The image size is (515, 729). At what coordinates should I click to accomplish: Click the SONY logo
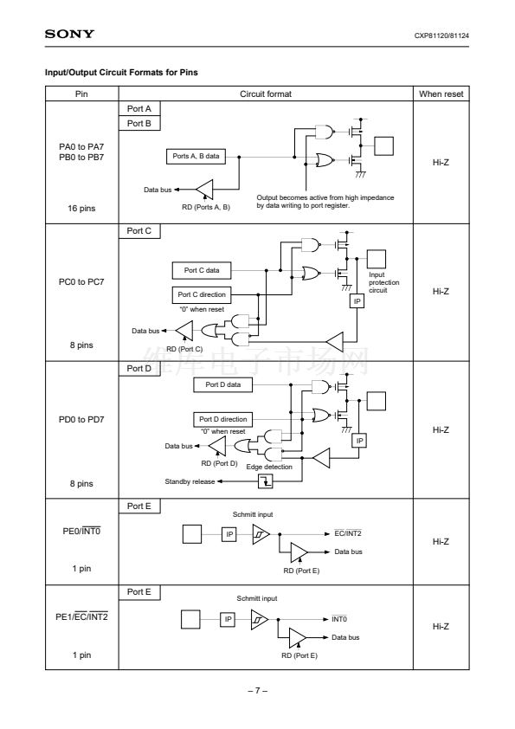(69, 34)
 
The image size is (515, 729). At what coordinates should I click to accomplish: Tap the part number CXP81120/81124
(441, 35)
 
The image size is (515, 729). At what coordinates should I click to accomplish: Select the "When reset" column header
(441, 94)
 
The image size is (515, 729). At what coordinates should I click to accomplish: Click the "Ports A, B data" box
(196, 156)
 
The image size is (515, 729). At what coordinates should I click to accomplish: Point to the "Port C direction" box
(202, 294)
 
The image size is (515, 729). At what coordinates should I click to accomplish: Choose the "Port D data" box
(223, 384)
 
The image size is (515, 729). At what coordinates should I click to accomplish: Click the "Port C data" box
(202, 270)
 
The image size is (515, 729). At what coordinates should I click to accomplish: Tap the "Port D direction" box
(223, 419)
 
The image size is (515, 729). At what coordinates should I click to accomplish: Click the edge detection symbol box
(266, 481)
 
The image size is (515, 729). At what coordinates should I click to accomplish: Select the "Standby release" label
(190, 481)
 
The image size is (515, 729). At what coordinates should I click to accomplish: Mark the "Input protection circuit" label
(384, 282)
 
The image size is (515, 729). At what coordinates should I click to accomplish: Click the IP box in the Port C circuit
(357, 301)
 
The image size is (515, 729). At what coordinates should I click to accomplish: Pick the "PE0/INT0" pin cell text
(81, 531)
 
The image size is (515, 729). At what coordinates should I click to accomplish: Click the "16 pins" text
(81, 209)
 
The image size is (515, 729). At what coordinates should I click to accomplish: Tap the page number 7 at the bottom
(258, 690)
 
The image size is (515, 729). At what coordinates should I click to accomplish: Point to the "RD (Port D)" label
(219, 463)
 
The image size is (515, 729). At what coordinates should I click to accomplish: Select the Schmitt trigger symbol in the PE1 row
(260, 619)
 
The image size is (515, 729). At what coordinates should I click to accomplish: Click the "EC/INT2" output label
(348, 533)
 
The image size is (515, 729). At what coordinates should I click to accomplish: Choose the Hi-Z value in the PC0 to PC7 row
(441, 292)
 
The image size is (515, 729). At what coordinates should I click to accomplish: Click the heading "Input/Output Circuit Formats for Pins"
(121, 73)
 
